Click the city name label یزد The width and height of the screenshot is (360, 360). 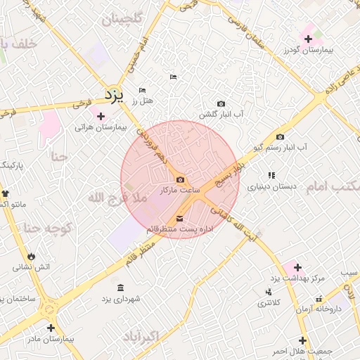click(114, 94)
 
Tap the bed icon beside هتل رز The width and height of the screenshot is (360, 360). click(143, 91)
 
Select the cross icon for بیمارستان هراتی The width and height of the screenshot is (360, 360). click(101, 116)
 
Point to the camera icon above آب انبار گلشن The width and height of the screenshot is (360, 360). click(221, 104)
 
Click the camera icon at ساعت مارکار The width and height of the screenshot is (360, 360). click(180, 181)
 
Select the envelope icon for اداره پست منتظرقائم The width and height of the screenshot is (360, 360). click(179, 219)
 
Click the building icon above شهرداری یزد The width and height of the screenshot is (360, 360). click(121, 288)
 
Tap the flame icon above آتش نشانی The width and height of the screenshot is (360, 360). click(32, 256)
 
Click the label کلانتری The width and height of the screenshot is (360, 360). click(268, 303)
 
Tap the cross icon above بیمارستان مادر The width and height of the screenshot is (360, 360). click(51, 328)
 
